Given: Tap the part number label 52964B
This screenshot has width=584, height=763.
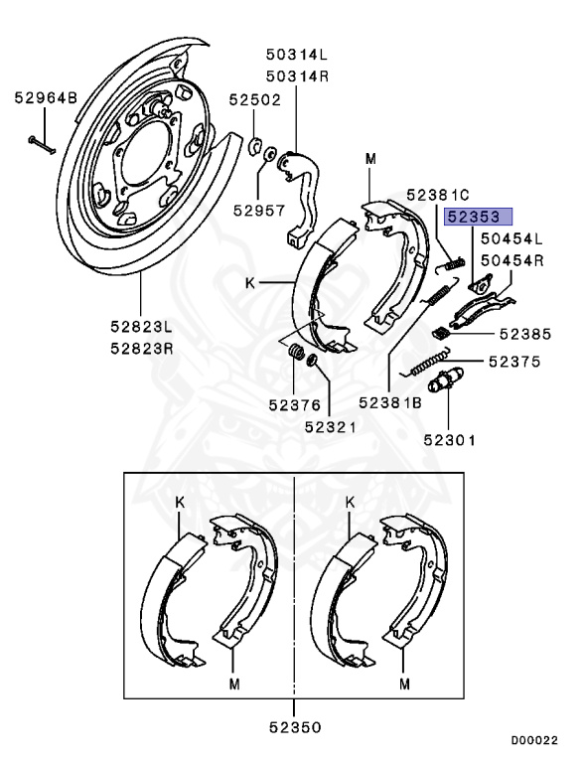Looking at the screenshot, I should pyautogui.click(x=45, y=98).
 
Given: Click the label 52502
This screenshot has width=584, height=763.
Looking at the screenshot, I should pyautogui.click(x=255, y=100).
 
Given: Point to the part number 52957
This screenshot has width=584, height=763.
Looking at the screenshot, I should pyautogui.click(x=259, y=210).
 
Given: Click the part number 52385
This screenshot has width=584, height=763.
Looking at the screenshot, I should pyautogui.click(x=523, y=335).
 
